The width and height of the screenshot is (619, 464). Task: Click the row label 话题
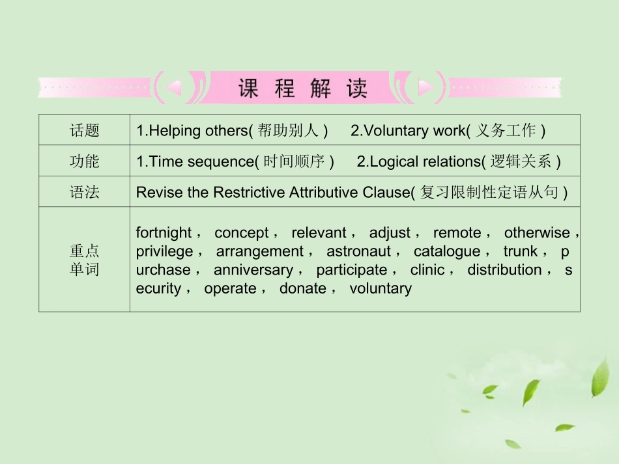click(85, 130)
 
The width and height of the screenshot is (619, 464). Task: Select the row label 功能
click(85, 161)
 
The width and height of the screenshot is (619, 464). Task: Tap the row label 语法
click(85, 193)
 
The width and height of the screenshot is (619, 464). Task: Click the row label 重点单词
click(85, 260)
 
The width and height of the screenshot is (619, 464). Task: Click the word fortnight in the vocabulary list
click(164, 233)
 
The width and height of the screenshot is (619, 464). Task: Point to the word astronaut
click(358, 251)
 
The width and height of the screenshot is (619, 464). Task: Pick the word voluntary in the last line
click(381, 288)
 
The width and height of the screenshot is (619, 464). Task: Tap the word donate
click(303, 288)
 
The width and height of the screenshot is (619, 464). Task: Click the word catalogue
click(447, 251)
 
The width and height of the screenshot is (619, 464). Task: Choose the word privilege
click(165, 251)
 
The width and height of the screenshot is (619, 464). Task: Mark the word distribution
click(504, 269)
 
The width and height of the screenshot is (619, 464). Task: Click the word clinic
click(427, 269)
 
